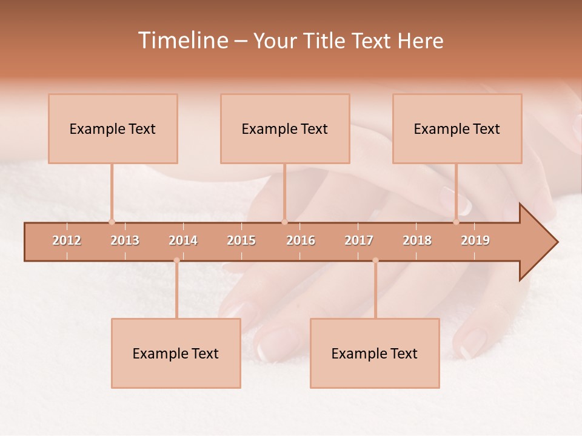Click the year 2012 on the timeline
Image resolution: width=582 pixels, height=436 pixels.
(67, 240)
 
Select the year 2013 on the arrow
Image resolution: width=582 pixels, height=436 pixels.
(125, 240)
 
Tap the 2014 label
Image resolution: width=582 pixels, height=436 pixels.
(183, 240)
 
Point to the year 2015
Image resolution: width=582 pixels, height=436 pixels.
(241, 240)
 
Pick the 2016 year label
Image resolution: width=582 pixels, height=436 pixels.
(301, 240)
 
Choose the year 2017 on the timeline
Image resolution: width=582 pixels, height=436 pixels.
(359, 240)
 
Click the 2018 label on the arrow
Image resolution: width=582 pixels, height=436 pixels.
(417, 240)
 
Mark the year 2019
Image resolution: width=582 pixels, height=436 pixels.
(475, 240)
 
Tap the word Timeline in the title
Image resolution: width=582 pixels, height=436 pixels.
(182, 41)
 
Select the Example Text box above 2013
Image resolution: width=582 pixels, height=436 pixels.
(113, 128)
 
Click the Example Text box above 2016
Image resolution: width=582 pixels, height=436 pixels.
(285, 128)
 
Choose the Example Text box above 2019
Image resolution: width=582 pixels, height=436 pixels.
(457, 128)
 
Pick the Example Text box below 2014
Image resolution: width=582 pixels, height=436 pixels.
(176, 353)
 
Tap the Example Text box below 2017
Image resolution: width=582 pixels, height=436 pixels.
(375, 353)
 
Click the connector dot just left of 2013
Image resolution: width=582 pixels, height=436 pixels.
(112, 222)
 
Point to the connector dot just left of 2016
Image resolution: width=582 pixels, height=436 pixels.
(284, 222)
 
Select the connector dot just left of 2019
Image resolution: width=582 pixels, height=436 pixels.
(457, 222)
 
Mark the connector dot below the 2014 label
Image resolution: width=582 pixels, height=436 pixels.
(176, 260)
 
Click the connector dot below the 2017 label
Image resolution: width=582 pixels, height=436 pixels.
(375, 260)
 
